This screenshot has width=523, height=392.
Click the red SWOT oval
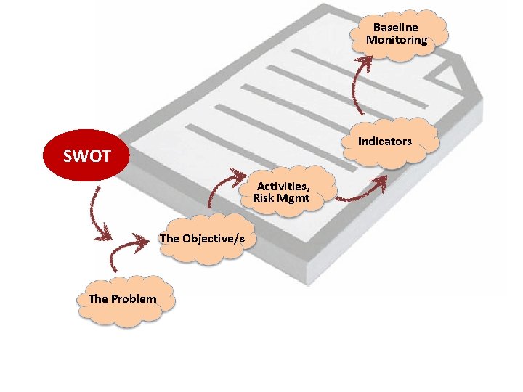[x=86, y=156]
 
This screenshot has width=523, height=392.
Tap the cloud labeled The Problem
[x=122, y=299]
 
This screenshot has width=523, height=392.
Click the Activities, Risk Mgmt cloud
[x=285, y=192]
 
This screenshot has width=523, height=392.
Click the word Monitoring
[x=397, y=40]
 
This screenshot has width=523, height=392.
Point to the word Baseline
[x=396, y=28]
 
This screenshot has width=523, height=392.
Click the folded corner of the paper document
[x=454, y=73]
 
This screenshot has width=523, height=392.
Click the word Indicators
[x=385, y=142]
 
